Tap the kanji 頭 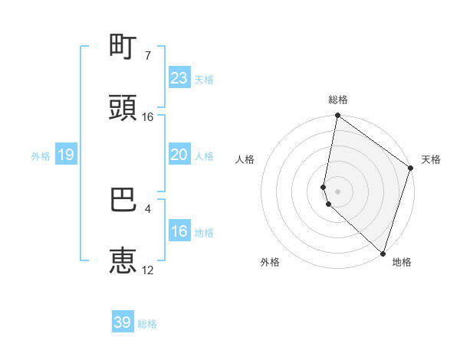pyautogui.click(x=123, y=109)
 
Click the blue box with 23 pyautogui.click(x=179, y=78)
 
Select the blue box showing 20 pyautogui.click(x=179, y=155)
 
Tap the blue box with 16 pyautogui.click(x=179, y=231)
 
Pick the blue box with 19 pyautogui.click(x=65, y=155)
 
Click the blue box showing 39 pyautogui.click(x=123, y=322)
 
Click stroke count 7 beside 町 pyautogui.click(x=148, y=56)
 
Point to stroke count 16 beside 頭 pyautogui.click(x=148, y=117)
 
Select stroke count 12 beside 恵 pyautogui.click(x=148, y=270)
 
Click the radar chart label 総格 pyautogui.click(x=338, y=100)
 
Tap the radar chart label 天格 pyautogui.click(x=431, y=159)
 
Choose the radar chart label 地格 pyautogui.click(x=402, y=263)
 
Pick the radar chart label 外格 pyautogui.click(x=270, y=263)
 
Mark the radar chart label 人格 pyautogui.click(x=245, y=159)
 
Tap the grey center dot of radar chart pyautogui.click(x=338, y=191)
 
